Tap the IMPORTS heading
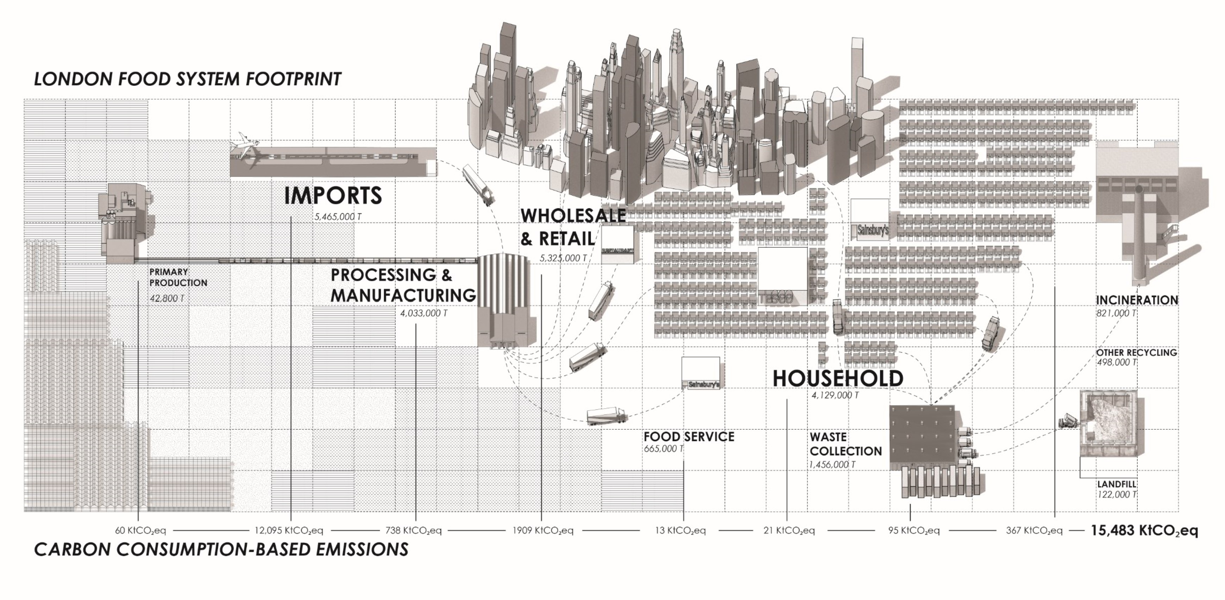tap(333, 195)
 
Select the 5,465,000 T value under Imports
tap(338, 217)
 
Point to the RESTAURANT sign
tap(618, 251)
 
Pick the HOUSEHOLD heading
tap(838, 378)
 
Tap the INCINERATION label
tap(1137, 300)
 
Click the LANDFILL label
tap(1117, 484)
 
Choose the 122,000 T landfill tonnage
tap(1117, 494)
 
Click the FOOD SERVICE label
tap(689, 436)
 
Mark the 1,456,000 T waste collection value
tap(832, 465)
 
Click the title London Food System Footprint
tap(187, 79)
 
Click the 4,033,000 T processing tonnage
tap(423, 313)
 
